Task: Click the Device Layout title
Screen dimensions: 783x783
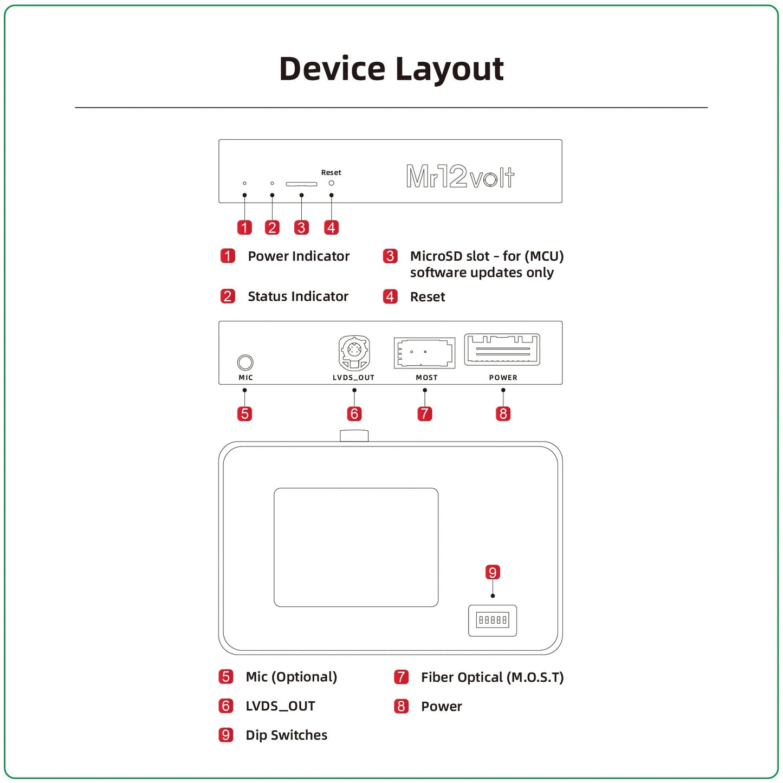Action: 391,69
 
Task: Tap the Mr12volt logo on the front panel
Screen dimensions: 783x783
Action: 460,177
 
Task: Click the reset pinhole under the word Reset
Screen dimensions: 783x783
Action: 331,183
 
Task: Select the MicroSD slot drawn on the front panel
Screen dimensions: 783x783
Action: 301,184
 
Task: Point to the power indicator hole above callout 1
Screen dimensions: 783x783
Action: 244,183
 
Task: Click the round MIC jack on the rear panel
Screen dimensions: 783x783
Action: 245,362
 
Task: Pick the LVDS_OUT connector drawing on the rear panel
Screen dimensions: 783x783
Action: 354,353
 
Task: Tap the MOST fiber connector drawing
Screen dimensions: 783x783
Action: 424,353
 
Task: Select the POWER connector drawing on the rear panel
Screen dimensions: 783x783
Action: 502,350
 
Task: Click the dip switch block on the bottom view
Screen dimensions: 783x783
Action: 492,620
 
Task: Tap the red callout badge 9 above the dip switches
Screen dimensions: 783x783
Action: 492,573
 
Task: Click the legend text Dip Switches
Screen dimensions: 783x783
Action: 286,735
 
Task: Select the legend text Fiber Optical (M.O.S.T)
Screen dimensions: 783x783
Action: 492,677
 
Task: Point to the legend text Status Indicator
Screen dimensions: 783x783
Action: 297,296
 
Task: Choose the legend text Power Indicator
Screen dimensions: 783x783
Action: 299,256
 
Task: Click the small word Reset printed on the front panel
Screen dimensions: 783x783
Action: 331,173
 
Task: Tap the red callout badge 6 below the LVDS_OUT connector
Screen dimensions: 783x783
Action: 354,414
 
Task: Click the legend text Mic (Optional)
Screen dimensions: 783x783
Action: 291,677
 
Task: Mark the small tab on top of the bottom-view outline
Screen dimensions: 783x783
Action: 354,436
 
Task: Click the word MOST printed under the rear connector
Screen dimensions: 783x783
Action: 426,378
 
